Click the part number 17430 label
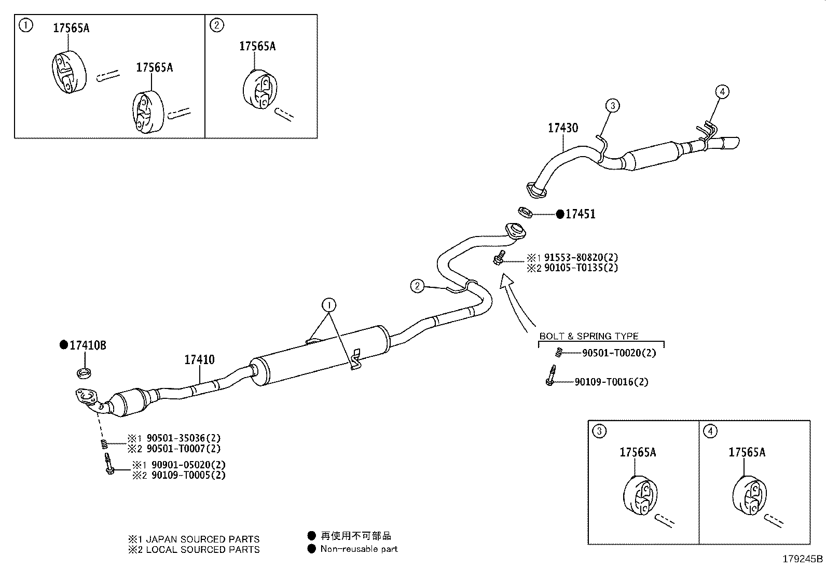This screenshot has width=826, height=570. click(x=562, y=128)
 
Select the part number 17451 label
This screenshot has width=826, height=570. click(x=580, y=214)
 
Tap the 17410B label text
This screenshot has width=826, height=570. click(x=88, y=345)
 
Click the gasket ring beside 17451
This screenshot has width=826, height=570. click(x=526, y=212)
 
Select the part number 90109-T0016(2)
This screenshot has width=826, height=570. click(x=611, y=382)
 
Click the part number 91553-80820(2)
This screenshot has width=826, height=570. click(x=581, y=257)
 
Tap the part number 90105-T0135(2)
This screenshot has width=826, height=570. click(x=581, y=268)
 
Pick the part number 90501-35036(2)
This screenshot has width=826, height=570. click(x=183, y=438)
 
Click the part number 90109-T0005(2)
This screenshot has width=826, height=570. click(x=188, y=475)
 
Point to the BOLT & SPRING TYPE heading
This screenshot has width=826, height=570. click(x=589, y=336)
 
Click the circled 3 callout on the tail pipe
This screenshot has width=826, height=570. click(x=612, y=106)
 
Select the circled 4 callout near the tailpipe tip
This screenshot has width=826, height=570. click(x=722, y=92)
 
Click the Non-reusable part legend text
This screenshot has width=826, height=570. click(x=359, y=549)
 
